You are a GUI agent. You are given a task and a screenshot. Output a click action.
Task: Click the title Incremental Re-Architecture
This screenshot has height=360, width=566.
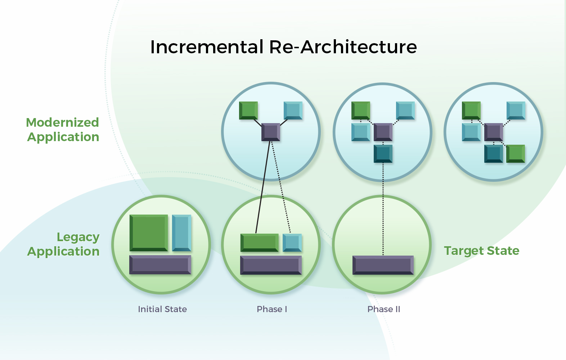click(283, 47)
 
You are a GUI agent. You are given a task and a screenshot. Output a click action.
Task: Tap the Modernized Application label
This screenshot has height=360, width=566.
click(63, 130)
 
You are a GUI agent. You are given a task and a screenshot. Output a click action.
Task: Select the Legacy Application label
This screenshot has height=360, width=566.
click(63, 244)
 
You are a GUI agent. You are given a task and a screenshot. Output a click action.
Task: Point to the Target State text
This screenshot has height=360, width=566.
click(482, 251)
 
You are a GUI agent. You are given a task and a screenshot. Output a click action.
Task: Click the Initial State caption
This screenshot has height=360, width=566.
click(162, 309)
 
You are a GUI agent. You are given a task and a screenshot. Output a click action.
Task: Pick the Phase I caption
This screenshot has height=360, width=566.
click(272, 309)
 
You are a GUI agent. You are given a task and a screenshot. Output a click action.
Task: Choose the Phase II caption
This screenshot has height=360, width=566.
click(383, 309)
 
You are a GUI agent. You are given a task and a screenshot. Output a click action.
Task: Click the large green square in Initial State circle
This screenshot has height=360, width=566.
click(149, 233)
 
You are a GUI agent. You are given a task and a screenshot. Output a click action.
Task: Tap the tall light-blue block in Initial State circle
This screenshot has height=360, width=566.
click(182, 233)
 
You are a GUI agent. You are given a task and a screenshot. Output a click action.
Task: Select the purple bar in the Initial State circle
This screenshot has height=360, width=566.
click(160, 265)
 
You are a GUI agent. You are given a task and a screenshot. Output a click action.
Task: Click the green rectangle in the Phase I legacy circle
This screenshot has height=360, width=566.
click(260, 243)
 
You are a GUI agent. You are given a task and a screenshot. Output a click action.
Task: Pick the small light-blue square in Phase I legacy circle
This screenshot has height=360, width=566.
click(292, 243)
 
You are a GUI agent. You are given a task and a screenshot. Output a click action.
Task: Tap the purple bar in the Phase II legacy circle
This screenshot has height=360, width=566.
click(383, 265)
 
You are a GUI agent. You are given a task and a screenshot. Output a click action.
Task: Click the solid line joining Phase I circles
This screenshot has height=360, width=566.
click(263, 187)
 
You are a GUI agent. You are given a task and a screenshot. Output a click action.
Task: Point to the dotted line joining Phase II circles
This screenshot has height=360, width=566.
click(383, 209)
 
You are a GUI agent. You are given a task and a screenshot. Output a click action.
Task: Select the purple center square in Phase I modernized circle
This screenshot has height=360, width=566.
click(271, 132)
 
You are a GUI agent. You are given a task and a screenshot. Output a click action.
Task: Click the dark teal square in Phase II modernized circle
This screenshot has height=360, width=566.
click(383, 154)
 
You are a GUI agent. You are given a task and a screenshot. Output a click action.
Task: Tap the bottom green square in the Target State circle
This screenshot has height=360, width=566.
click(516, 154)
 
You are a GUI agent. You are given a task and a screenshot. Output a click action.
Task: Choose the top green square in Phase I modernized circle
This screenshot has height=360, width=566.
click(248, 111)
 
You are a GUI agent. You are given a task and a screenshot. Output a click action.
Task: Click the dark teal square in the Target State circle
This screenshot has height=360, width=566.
click(494, 154)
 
